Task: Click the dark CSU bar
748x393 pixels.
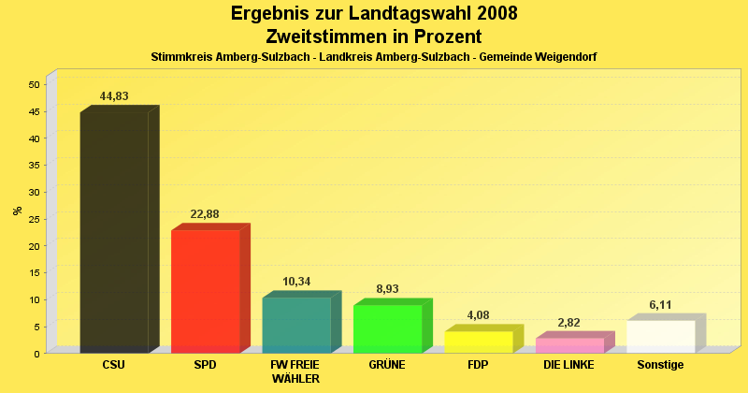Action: (114, 232)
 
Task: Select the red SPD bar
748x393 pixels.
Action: (205, 291)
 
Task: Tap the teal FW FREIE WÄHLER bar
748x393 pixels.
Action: (296, 325)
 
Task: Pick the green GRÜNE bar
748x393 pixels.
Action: (387, 328)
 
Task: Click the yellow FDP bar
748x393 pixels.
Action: (478, 342)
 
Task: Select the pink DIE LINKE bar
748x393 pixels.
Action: (569, 345)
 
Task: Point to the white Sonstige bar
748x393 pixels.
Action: (660, 336)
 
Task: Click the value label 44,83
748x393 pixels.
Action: (114, 96)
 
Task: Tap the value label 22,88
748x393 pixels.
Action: (205, 214)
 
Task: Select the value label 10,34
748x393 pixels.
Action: (296, 282)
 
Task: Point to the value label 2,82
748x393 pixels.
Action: (569, 323)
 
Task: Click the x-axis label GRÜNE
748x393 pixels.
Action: (387, 365)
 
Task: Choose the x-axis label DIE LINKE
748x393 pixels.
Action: (568, 365)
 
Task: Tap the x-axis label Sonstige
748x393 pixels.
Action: (660, 365)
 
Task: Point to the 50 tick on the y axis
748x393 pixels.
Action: (34, 84)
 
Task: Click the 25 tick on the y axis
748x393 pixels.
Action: (34, 219)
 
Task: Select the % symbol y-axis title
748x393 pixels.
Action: (18, 211)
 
